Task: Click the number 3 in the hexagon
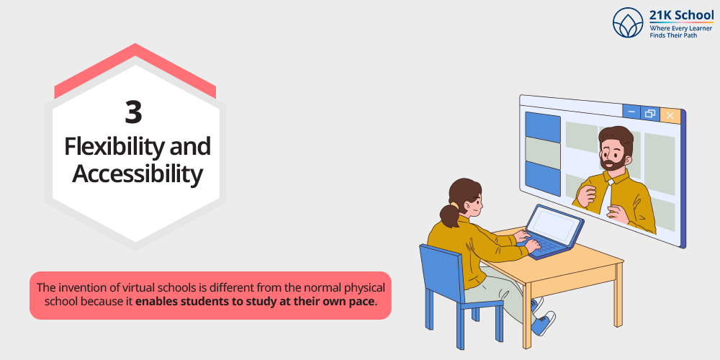coord(133,113)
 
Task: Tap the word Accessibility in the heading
coord(138,175)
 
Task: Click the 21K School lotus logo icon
coord(628,22)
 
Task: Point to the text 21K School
coord(681,15)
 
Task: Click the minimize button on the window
coord(632,112)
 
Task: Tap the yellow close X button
coord(670,115)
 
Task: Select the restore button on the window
coord(650,114)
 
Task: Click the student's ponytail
coord(449,215)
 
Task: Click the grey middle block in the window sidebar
coord(543,153)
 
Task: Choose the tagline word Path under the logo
coord(690,35)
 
